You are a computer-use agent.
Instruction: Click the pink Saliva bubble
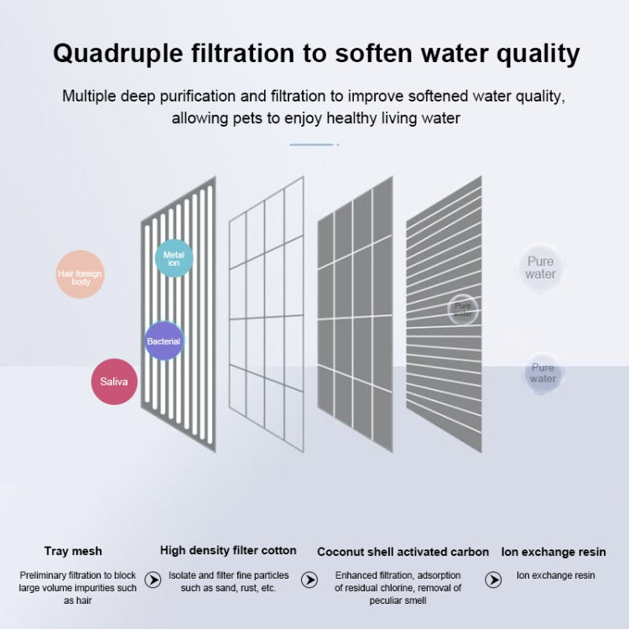tap(114, 382)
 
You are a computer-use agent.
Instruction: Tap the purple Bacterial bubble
tap(164, 341)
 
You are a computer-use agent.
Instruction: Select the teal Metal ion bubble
tap(174, 258)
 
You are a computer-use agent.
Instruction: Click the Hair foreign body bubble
tap(80, 273)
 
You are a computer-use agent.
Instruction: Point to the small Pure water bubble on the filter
tap(463, 309)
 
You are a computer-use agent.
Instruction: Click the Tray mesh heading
tap(73, 551)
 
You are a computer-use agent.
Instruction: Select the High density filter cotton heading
tap(228, 551)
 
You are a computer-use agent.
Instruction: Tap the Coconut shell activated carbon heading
tap(403, 552)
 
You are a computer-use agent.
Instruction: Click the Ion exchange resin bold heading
tap(554, 552)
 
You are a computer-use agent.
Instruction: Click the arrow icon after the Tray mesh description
tap(153, 580)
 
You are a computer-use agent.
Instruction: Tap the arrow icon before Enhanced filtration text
tap(309, 580)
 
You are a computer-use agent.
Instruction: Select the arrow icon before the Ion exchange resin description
tap(494, 580)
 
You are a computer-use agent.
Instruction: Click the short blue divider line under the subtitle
tap(312, 145)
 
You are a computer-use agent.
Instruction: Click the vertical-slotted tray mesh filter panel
tap(178, 304)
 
